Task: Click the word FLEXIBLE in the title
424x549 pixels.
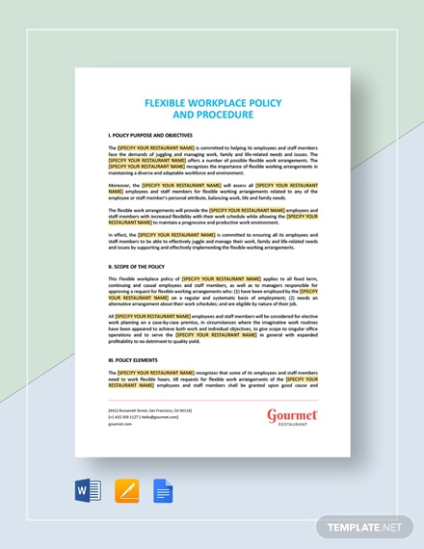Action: (x=168, y=100)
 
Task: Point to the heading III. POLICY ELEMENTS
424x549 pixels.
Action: (x=136, y=358)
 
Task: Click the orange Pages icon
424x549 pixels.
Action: (x=126, y=492)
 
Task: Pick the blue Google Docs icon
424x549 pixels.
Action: (x=162, y=492)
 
